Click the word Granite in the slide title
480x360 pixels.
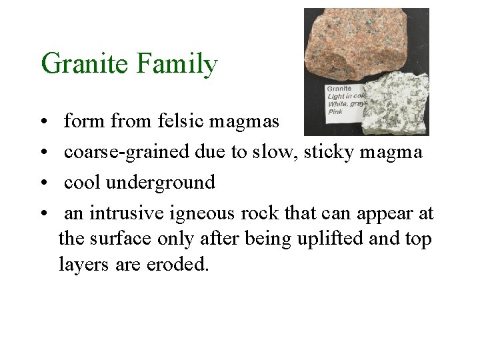pyautogui.click(x=85, y=64)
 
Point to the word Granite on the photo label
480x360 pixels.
pyautogui.click(x=339, y=88)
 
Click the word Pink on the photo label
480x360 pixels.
pyautogui.click(x=335, y=111)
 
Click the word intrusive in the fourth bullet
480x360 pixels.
pyautogui.click(x=121, y=213)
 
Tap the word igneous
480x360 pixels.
pyautogui.click(x=192, y=213)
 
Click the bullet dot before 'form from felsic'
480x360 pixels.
pyautogui.click(x=43, y=123)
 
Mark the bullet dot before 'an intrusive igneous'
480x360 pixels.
pyautogui.click(x=43, y=214)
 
